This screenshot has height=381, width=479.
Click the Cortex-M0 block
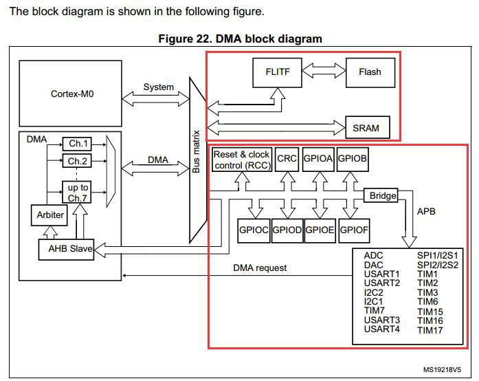[x=70, y=94]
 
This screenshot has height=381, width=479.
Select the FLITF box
[x=278, y=72]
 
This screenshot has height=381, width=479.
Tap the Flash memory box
[x=370, y=72]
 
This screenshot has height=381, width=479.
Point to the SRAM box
[x=368, y=127]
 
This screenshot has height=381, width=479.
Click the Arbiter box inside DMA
[x=49, y=215]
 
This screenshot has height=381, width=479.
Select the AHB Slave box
[x=66, y=249]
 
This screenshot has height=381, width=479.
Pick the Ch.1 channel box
[x=77, y=144]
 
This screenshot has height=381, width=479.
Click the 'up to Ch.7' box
[x=77, y=193]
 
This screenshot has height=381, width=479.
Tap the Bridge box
[x=381, y=195]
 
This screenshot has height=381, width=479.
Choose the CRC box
[x=287, y=159]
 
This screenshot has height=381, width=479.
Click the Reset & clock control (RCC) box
[x=242, y=160]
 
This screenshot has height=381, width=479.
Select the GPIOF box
[x=354, y=230]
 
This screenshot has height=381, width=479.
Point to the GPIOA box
[x=318, y=159]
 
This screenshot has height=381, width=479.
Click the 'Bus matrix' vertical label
[x=196, y=152]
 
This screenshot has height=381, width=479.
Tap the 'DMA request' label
[x=260, y=268]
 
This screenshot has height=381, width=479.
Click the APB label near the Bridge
[x=426, y=211]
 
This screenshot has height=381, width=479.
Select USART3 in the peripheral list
[x=382, y=320]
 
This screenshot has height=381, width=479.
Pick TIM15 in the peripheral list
[x=430, y=312]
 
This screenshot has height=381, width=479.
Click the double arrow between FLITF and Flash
[x=324, y=71]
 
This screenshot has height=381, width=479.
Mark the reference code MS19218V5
[x=442, y=370]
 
